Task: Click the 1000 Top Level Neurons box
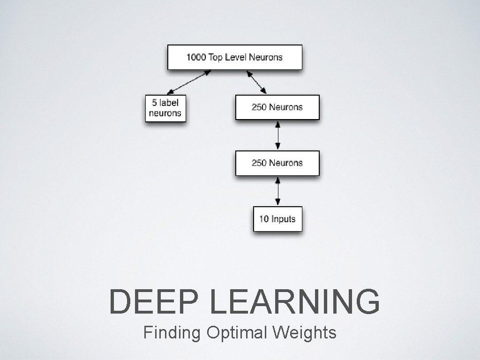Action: click(x=235, y=57)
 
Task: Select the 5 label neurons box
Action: click(x=165, y=108)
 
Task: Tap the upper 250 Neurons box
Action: click(x=277, y=107)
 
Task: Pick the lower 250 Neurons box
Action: click(x=277, y=163)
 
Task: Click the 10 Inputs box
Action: click(x=277, y=218)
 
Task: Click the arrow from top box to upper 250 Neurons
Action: click(x=256, y=82)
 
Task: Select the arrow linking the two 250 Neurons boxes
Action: click(x=278, y=135)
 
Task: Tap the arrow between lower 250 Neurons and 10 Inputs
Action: click(x=278, y=191)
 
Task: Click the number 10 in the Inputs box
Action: click(x=264, y=219)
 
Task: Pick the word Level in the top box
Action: click(x=235, y=57)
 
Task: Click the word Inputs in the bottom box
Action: click(x=284, y=219)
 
